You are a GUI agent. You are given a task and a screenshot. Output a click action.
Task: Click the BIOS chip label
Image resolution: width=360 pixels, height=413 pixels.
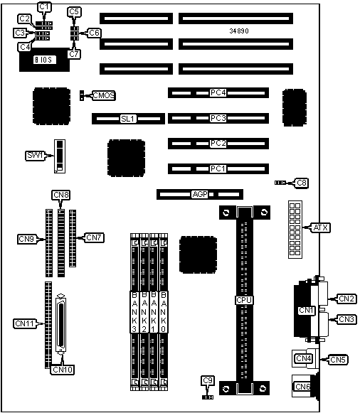click(x=45, y=60)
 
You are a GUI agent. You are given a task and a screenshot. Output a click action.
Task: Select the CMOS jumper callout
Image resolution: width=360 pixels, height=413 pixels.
click(x=104, y=95)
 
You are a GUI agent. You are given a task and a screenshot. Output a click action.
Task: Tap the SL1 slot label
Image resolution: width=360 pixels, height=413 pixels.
click(x=128, y=119)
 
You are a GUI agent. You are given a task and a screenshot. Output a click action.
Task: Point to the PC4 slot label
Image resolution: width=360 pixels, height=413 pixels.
click(x=218, y=92)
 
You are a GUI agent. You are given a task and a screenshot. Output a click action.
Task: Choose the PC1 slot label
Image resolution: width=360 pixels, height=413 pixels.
click(x=218, y=168)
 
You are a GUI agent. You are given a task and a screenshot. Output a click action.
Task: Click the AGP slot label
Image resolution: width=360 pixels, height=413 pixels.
click(x=200, y=194)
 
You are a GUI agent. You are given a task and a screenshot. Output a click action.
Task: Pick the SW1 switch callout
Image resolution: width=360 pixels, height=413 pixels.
click(x=36, y=156)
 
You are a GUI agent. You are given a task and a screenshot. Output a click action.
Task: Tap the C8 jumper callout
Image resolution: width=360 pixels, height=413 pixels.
click(x=302, y=183)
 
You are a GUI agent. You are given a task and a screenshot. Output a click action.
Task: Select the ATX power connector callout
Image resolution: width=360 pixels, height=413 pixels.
click(x=320, y=227)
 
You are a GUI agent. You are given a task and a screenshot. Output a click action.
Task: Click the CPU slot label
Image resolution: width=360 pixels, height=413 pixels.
click(x=244, y=300)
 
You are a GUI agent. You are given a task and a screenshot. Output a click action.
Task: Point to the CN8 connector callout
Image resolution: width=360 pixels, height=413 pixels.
click(x=61, y=195)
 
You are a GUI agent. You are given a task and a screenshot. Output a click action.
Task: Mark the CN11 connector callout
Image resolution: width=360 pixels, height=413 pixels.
click(x=25, y=323)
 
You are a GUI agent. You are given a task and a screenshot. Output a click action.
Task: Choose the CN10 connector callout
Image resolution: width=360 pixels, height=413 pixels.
click(x=63, y=370)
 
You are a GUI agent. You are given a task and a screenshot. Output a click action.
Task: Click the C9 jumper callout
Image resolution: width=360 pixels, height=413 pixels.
click(x=208, y=380)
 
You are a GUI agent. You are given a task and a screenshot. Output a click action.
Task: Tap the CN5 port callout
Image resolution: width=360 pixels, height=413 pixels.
click(x=338, y=360)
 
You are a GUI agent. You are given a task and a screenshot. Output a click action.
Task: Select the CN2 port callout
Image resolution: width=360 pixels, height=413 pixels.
click(x=346, y=299)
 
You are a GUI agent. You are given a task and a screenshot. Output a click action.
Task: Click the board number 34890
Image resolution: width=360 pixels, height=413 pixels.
click(x=239, y=31)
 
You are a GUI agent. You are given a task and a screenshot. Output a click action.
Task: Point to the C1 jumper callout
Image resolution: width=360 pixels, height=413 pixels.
click(x=44, y=6)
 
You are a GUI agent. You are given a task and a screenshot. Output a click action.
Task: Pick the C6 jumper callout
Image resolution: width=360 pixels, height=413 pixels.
click(x=94, y=33)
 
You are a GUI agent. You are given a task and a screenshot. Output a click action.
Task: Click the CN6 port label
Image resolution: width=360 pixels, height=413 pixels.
click(x=302, y=387)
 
